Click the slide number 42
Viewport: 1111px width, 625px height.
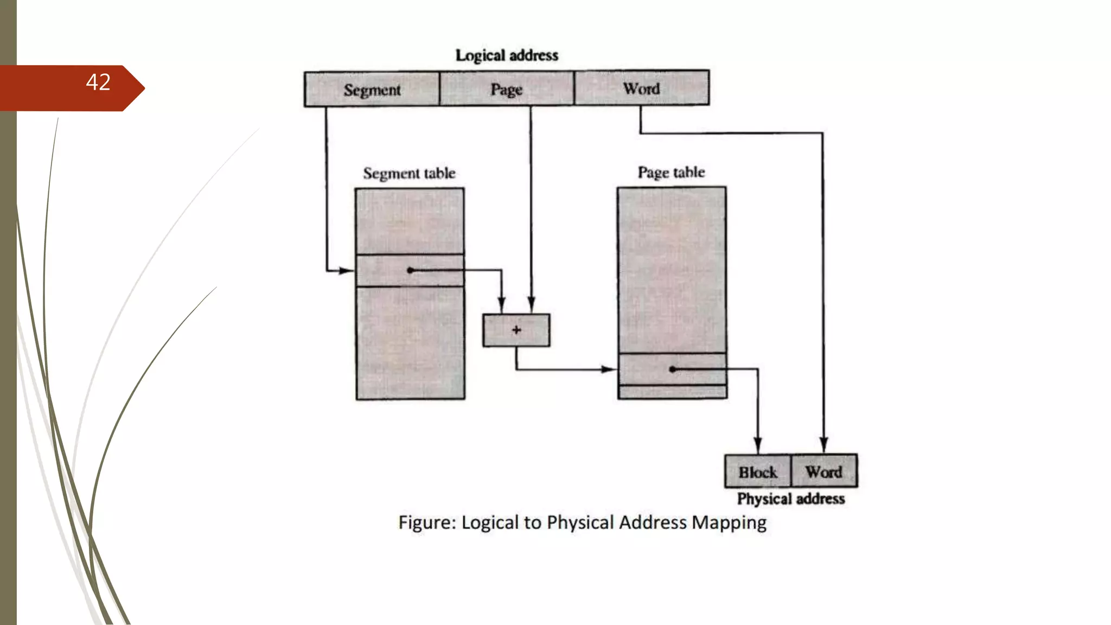point(98,82)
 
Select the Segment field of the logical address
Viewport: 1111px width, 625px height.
point(372,90)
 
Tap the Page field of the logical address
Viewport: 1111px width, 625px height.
point(506,89)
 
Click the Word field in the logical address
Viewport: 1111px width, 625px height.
point(641,88)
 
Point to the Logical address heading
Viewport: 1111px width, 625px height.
point(507,55)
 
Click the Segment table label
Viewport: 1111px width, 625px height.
point(409,174)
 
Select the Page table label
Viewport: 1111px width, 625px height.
point(671,173)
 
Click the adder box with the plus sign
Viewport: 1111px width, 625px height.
point(516,330)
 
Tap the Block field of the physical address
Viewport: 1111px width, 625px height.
point(758,472)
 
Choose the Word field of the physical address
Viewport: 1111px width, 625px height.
point(823,471)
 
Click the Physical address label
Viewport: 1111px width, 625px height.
point(791,499)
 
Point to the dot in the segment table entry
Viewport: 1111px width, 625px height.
point(410,270)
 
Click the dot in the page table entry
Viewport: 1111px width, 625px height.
point(672,369)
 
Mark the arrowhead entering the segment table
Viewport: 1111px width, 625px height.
point(347,270)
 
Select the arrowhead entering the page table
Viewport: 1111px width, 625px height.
point(609,369)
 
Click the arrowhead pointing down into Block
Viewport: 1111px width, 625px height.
point(758,445)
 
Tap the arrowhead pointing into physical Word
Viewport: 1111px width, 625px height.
point(823,444)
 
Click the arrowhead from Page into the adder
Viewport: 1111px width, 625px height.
point(531,304)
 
